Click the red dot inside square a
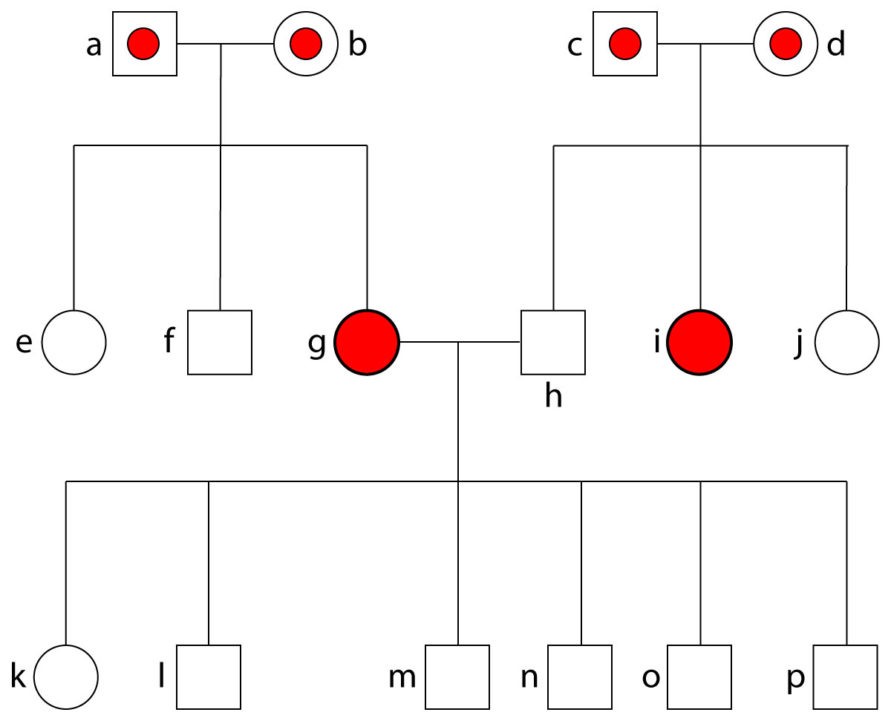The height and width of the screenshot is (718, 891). [x=144, y=45]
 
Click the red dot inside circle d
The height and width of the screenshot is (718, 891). [x=785, y=45]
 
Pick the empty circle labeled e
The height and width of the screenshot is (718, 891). [x=74, y=342]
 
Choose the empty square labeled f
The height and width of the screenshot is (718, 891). [x=220, y=342]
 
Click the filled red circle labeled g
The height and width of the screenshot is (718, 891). [x=367, y=342]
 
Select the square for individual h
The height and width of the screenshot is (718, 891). [x=552, y=342]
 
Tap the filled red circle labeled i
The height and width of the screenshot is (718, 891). [x=699, y=342]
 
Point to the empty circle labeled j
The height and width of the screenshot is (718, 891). [x=846, y=342]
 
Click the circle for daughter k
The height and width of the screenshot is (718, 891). [x=66, y=676]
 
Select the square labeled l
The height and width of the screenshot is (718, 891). [x=209, y=676]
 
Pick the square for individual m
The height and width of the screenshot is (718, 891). [x=457, y=676]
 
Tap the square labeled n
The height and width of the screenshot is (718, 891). [x=580, y=676]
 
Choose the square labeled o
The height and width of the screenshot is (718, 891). [x=699, y=676]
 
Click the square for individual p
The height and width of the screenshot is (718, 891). [x=845, y=676]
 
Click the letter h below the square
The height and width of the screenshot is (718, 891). [x=553, y=397]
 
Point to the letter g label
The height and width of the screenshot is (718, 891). [x=317, y=343]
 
